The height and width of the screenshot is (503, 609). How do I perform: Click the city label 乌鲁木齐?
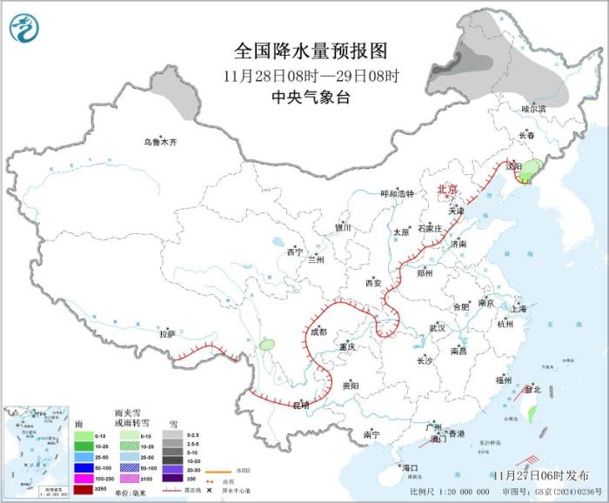[160, 142]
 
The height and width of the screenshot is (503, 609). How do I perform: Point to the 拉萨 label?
[167, 333]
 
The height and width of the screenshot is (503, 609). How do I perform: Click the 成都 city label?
[318, 332]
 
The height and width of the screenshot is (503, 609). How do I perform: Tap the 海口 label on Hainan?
[410, 468]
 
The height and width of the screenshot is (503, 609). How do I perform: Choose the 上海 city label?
[519, 308]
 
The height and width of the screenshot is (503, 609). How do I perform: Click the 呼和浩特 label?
[398, 194]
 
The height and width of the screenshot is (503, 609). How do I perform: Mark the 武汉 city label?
[437, 328]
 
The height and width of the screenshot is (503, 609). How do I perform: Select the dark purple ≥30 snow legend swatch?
[171, 479]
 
